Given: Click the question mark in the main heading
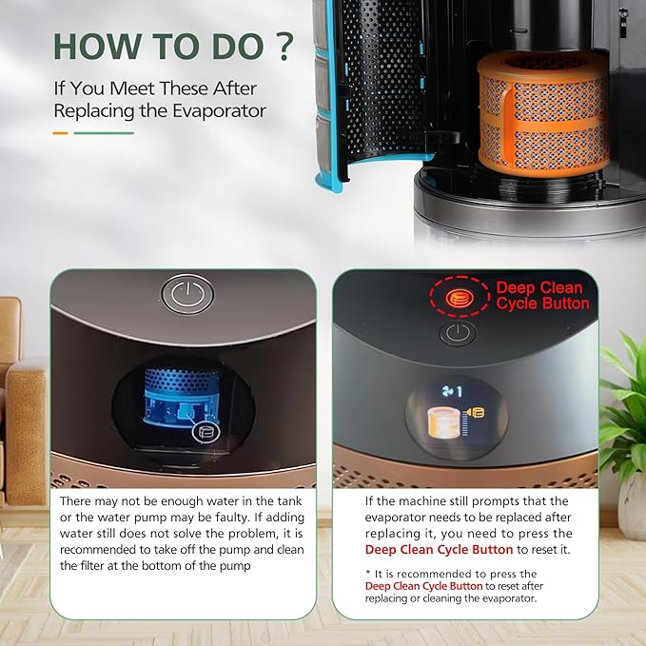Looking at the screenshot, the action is (x=284, y=46).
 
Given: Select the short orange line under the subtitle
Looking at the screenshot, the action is (x=61, y=133).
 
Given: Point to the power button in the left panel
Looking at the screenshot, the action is (x=187, y=294).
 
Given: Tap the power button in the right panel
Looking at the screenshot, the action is (x=458, y=333).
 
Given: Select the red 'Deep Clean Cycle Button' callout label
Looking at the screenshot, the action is (x=542, y=295).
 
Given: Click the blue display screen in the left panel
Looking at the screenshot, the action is (x=182, y=401).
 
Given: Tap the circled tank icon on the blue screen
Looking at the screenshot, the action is (x=206, y=433).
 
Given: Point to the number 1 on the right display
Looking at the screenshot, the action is (x=460, y=392).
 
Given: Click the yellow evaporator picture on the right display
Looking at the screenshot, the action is (x=445, y=421).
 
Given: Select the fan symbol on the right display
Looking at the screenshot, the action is (x=448, y=392).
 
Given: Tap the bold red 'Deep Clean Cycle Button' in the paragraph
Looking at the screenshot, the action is (x=439, y=550).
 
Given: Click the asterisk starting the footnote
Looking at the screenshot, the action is (x=368, y=573).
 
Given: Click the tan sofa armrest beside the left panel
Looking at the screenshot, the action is (x=25, y=428).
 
